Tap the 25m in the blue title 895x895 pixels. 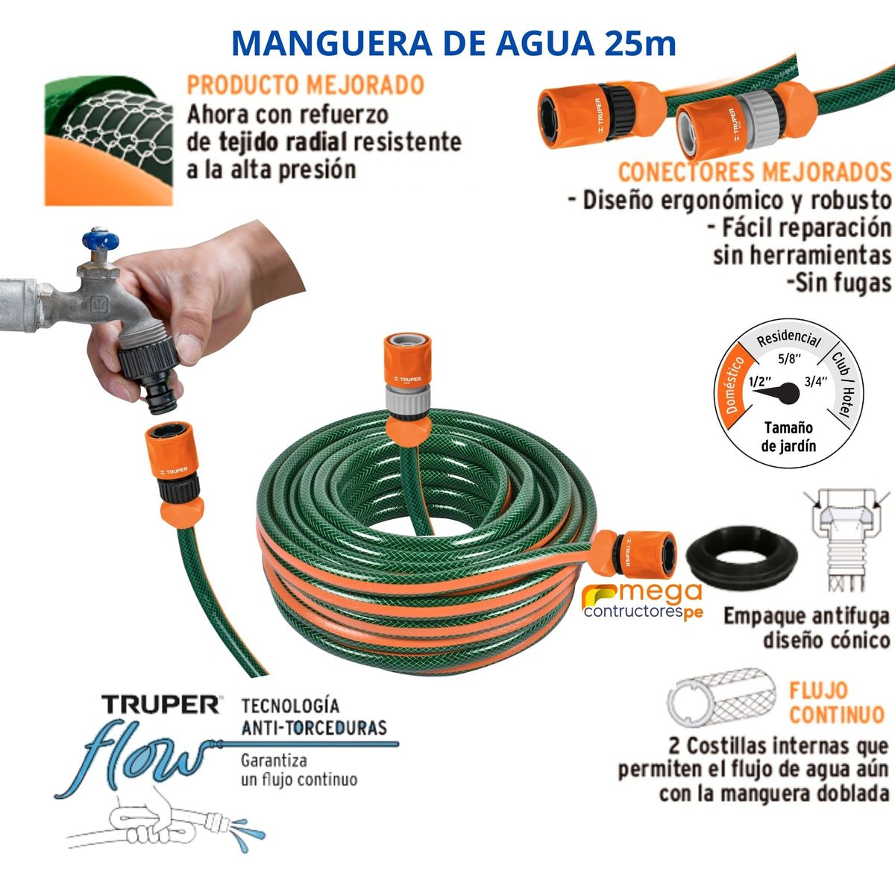coord(641,43)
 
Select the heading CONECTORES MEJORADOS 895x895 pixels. coord(754,172)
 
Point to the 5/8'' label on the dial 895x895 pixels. coord(788,358)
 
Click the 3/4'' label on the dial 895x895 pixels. coord(817,381)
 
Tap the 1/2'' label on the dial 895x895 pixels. coord(759,381)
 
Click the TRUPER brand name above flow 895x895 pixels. coord(160,704)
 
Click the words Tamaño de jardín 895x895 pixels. coord(788,437)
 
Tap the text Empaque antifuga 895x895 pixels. coord(806,617)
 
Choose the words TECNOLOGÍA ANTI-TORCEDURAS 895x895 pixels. coord(313,716)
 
